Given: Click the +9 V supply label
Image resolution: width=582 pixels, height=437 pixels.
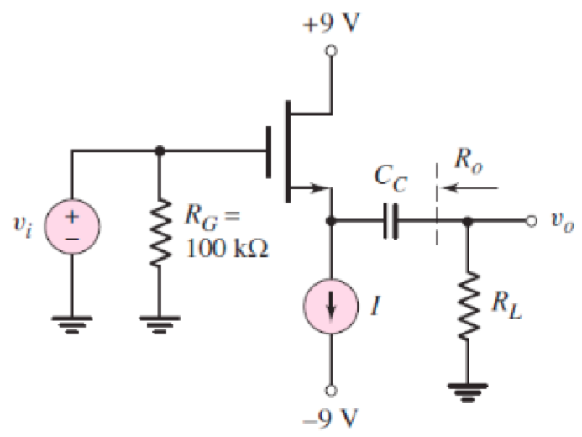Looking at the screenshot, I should tap(331, 22).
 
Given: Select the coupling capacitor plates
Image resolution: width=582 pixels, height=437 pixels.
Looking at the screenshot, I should tap(391, 221).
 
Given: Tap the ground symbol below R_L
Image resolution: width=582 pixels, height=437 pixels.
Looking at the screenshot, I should tap(467, 389).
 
